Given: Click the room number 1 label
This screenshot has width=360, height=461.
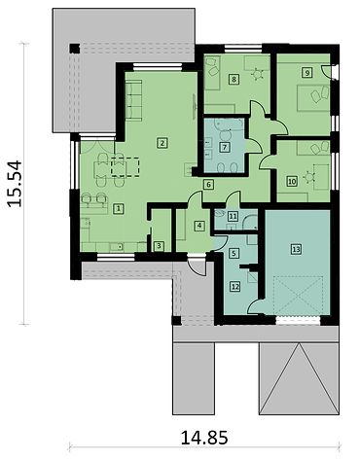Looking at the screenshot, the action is point(119,209).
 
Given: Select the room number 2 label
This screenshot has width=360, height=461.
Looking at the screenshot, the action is point(162,143).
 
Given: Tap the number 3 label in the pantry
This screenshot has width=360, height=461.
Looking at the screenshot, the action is point(159,246).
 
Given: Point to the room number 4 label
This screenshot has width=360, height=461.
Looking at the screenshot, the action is point(199,226).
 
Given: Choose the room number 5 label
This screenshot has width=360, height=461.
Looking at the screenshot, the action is point(234,253).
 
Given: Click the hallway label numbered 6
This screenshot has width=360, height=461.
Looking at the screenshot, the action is point(208,185).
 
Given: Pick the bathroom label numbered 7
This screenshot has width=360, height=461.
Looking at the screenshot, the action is point(225,148).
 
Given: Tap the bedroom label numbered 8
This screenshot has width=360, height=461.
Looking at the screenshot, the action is point(234,79).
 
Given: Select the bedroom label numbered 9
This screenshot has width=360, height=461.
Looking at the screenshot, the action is point(306,72).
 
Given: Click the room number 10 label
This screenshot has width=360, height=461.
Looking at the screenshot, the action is point(292,181).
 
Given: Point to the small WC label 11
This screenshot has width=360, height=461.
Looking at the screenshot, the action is point(233,216).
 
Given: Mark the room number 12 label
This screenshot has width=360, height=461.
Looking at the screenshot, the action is point(235,286).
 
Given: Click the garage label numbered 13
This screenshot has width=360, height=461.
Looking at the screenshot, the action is point(296,249).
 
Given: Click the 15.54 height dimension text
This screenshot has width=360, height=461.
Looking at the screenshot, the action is point(15,184).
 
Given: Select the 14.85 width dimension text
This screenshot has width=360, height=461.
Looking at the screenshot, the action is point(204,438).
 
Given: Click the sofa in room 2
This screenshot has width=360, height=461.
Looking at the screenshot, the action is point(133,100).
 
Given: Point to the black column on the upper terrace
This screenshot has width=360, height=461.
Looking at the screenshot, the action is point(74,49).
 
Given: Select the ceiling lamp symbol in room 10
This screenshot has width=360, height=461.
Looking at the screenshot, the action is point(309,177).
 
